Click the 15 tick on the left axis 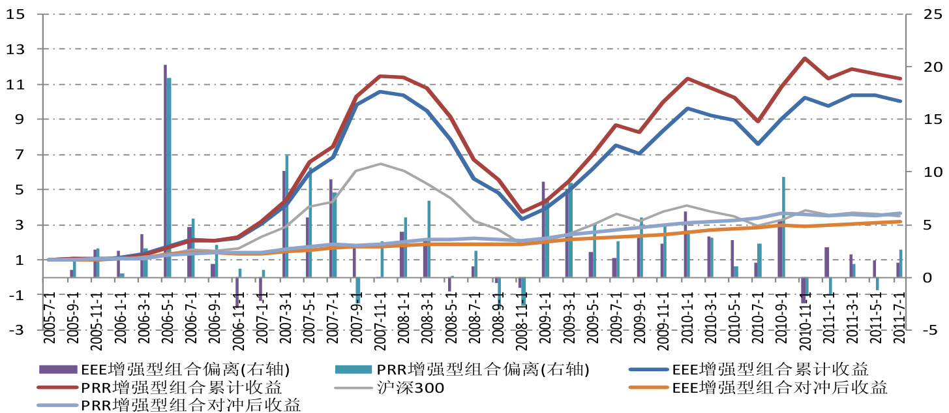pos(15,14)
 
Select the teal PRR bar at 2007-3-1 pos(287,216)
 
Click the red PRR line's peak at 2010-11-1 pos(805,58)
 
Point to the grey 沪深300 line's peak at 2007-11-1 pos(381,164)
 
